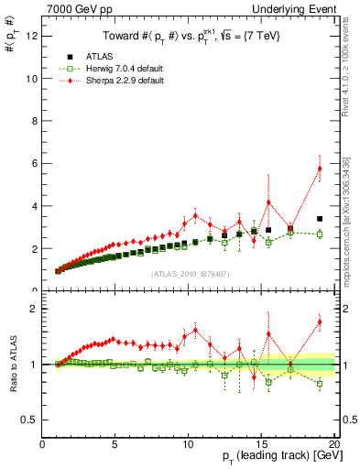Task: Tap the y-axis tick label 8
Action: pyautogui.click(x=34, y=121)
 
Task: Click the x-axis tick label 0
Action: pyautogui.click(x=42, y=444)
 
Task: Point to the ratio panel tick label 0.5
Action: pyautogui.click(x=30, y=420)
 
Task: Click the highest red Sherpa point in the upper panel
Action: pyautogui.click(x=320, y=169)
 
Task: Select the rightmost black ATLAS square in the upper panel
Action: pyautogui.click(x=320, y=219)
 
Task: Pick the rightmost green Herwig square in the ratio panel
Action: pyautogui.click(x=320, y=384)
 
